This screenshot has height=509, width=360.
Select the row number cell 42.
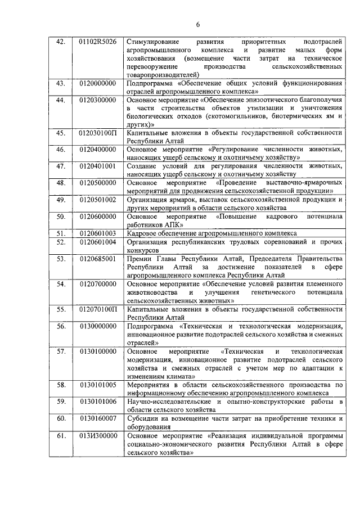pyautogui.click(x=61, y=42)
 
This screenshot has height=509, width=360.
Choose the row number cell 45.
pyautogui.click(x=61, y=133)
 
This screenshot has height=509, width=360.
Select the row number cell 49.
pyautogui.click(x=61, y=199)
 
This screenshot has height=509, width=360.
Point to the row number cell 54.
pyautogui.click(x=61, y=284)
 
